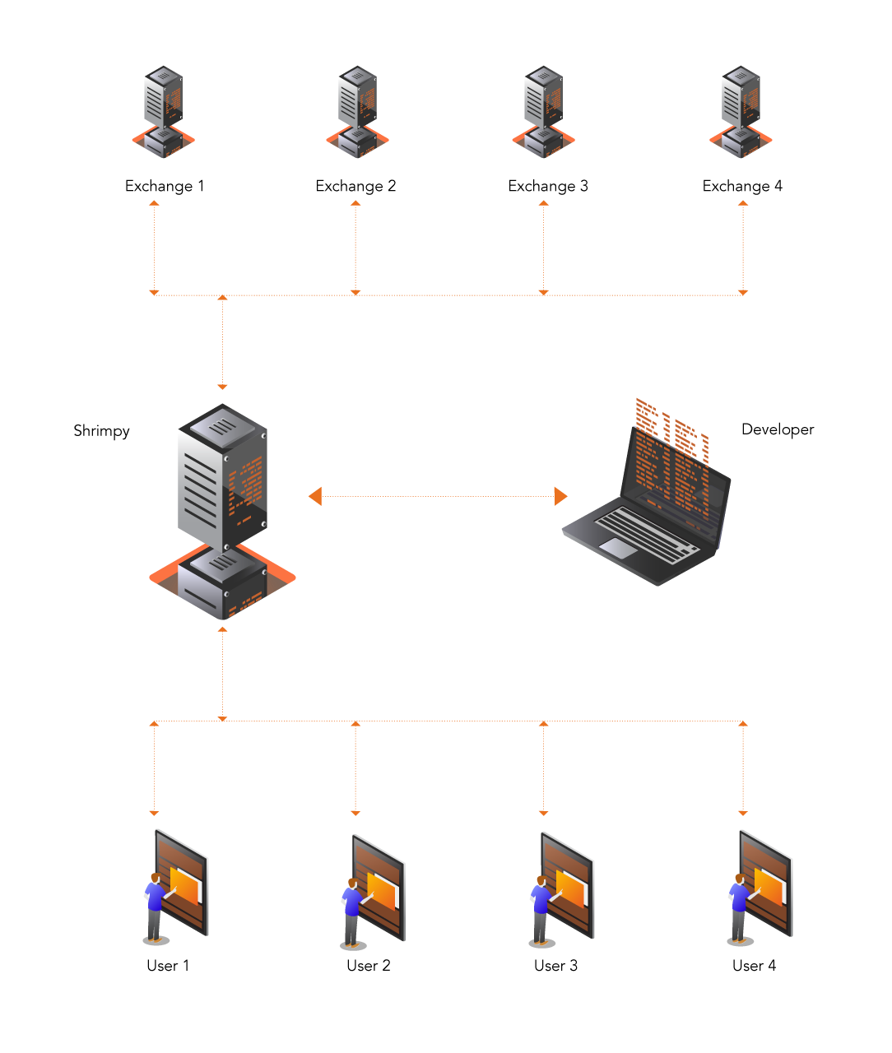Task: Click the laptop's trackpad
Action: tap(618, 548)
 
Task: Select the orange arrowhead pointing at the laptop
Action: tap(560, 496)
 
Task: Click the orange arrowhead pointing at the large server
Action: tap(315, 496)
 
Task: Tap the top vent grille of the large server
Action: tap(222, 427)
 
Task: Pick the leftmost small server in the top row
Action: tap(163, 111)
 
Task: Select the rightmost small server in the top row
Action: tap(741, 111)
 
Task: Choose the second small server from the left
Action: tap(357, 111)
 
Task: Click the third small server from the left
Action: tap(543, 111)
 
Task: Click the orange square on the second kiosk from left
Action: tap(381, 890)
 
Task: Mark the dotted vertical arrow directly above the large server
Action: tap(222, 341)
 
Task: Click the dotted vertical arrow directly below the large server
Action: tap(222, 673)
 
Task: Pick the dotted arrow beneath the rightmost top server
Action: tap(743, 247)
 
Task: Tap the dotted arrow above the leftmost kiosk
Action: tap(154, 769)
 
